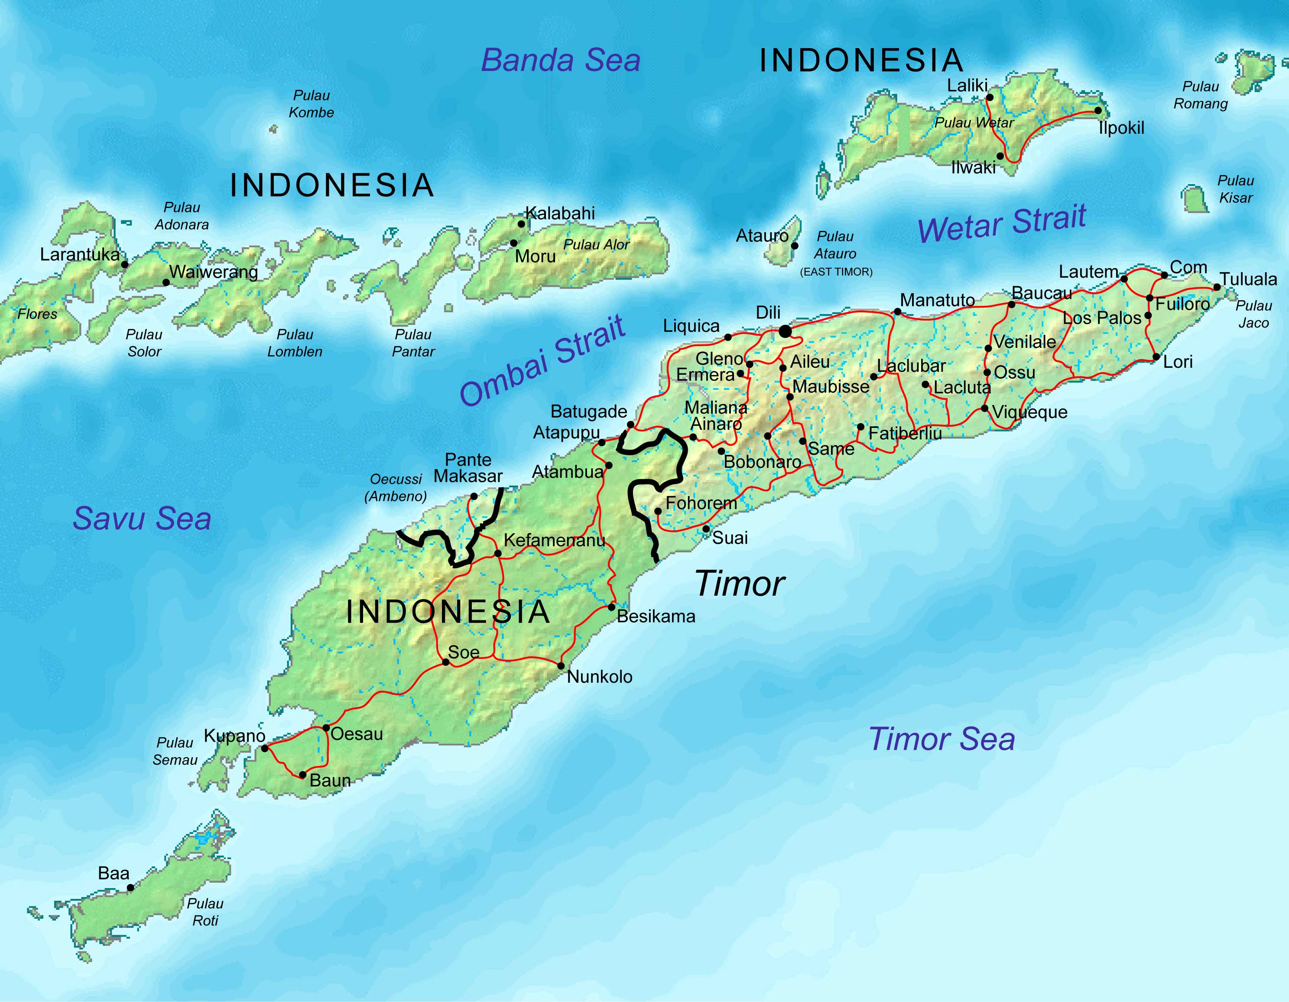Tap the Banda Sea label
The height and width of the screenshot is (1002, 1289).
point(560,60)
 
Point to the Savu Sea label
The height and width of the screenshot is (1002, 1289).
point(142,519)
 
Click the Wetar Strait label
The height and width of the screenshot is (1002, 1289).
point(1002,223)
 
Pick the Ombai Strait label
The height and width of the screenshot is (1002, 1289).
point(542,361)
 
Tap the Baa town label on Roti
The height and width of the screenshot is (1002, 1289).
point(114,873)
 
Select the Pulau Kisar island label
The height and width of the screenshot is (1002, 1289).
point(1235,189)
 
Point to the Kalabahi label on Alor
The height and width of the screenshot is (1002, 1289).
point(559,213)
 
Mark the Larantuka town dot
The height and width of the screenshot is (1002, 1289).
point(124,264)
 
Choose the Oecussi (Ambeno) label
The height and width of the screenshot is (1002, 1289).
point(396,487)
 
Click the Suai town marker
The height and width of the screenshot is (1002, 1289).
point(706,529)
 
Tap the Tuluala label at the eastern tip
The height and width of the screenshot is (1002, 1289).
point(1248,279)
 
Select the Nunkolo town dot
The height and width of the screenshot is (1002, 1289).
point(561,666)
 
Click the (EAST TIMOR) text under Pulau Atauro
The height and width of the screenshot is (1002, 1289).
point(836,272)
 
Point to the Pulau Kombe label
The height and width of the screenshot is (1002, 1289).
point(311,104)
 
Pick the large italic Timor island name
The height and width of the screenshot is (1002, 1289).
point(740,584)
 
